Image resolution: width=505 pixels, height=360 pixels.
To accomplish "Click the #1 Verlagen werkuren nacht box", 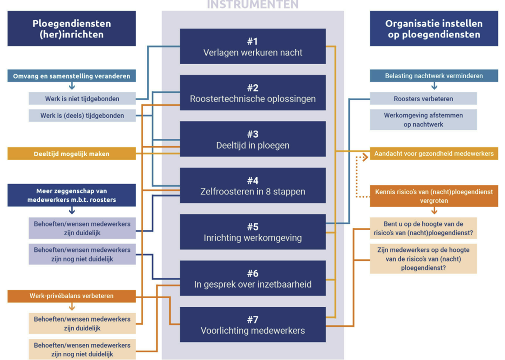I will [253, 46].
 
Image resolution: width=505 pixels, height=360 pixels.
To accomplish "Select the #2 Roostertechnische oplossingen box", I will [253, 93].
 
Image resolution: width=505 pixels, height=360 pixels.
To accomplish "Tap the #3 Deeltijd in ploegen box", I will [253, 139].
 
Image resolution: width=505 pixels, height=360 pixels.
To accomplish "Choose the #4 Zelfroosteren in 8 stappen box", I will [253, 185].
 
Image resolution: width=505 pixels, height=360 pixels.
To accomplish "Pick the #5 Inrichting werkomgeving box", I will [253, 232].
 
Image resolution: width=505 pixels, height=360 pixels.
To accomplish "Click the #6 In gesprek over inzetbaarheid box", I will [253, 278].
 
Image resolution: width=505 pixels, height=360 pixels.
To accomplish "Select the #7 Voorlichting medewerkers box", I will [253, 325].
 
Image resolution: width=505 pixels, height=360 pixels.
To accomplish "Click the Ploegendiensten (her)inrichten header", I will [71, 28].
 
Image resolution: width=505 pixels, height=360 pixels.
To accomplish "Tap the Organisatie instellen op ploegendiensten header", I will [434, 28].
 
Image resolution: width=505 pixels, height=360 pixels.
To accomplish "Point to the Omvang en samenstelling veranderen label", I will [71, 76].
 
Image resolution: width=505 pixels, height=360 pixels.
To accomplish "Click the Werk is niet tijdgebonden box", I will [82, 98].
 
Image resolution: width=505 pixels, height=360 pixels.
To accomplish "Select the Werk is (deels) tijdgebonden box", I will [82, 115].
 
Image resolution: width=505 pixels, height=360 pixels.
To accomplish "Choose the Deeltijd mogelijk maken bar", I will [71, 154].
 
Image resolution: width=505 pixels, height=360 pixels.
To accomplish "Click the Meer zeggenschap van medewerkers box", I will [71, 195].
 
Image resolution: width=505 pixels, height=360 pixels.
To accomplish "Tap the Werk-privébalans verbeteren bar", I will [71, 296].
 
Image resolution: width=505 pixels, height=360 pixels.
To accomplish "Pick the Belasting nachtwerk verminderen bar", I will [434, 76].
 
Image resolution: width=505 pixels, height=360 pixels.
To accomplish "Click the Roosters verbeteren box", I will [423, 98].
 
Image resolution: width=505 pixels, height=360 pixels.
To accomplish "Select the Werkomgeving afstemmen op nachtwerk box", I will [423, 120].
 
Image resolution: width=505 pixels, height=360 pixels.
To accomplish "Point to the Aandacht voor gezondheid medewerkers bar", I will [434, 154].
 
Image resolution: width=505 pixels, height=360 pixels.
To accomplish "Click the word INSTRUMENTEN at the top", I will [253, 5].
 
